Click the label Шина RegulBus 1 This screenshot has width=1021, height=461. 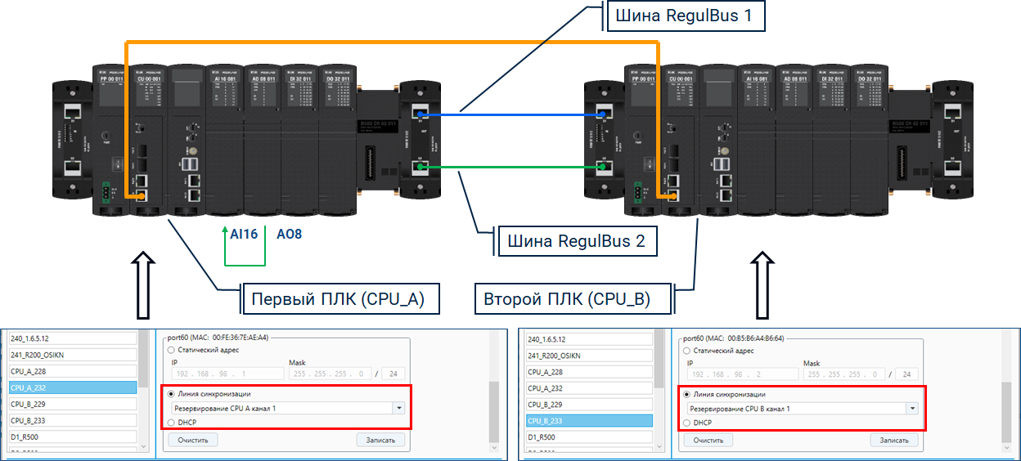[x=686, y=16]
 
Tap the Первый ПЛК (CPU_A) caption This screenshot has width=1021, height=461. [x=339, y=298]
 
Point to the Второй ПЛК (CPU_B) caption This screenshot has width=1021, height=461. [x=573, y=298]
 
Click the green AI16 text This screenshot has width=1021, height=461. [x=244, y=234]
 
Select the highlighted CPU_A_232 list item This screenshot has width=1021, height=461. [x=72, y=388]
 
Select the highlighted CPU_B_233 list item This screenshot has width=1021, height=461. [x=588, y=421]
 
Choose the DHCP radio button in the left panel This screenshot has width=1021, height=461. [x=171, y=423]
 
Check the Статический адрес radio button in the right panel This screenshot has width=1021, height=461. [x=686, y=350]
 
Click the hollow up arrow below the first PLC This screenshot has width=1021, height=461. [x=143, y=283]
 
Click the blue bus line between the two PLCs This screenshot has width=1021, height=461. [x=507, y=115]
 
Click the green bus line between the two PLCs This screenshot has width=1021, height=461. [x=507, y=168]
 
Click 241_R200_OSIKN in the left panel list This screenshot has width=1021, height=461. [x=72, y=356]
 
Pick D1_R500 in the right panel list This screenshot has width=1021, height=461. [x=588, y=437]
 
